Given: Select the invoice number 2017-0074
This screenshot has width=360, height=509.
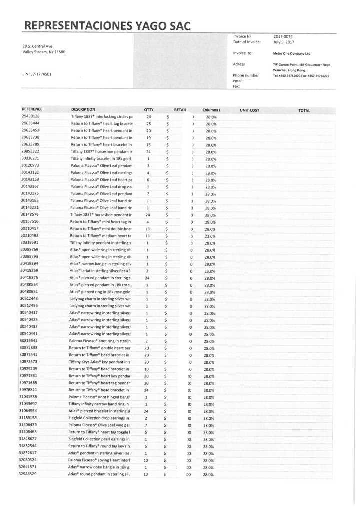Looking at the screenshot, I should pyautogui.click(x=284, y=36).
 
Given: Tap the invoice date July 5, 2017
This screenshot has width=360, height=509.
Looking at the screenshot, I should pyautogui.click(x=284, y=42).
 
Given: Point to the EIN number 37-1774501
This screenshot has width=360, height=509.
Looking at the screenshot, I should pyautogui.click(x=37, y=74).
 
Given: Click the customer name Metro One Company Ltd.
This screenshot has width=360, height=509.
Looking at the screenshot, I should pyautogui.click(x=292, y=53).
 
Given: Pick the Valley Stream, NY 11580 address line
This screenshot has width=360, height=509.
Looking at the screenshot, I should pyautogui.click(x=44, y=52).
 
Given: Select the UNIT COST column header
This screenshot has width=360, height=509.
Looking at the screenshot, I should pyautogui.click(x=249, y=110).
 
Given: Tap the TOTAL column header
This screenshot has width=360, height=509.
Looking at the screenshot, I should pyautogui.click(x=304, y=110).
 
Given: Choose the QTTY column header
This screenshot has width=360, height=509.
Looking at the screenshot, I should pyautogui.click(x=148, y=110).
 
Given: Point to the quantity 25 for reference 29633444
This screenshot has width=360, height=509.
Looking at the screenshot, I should pyautogui.click(x=148, y=123).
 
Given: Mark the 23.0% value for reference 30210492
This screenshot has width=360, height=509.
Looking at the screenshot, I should pyautogui.click(x=210, y=236).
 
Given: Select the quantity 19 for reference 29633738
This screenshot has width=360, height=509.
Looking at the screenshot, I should pyautogui.click(x=148, y=137).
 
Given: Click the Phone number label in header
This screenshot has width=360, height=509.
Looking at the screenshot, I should pyautogui.click(x=246, y=75).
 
